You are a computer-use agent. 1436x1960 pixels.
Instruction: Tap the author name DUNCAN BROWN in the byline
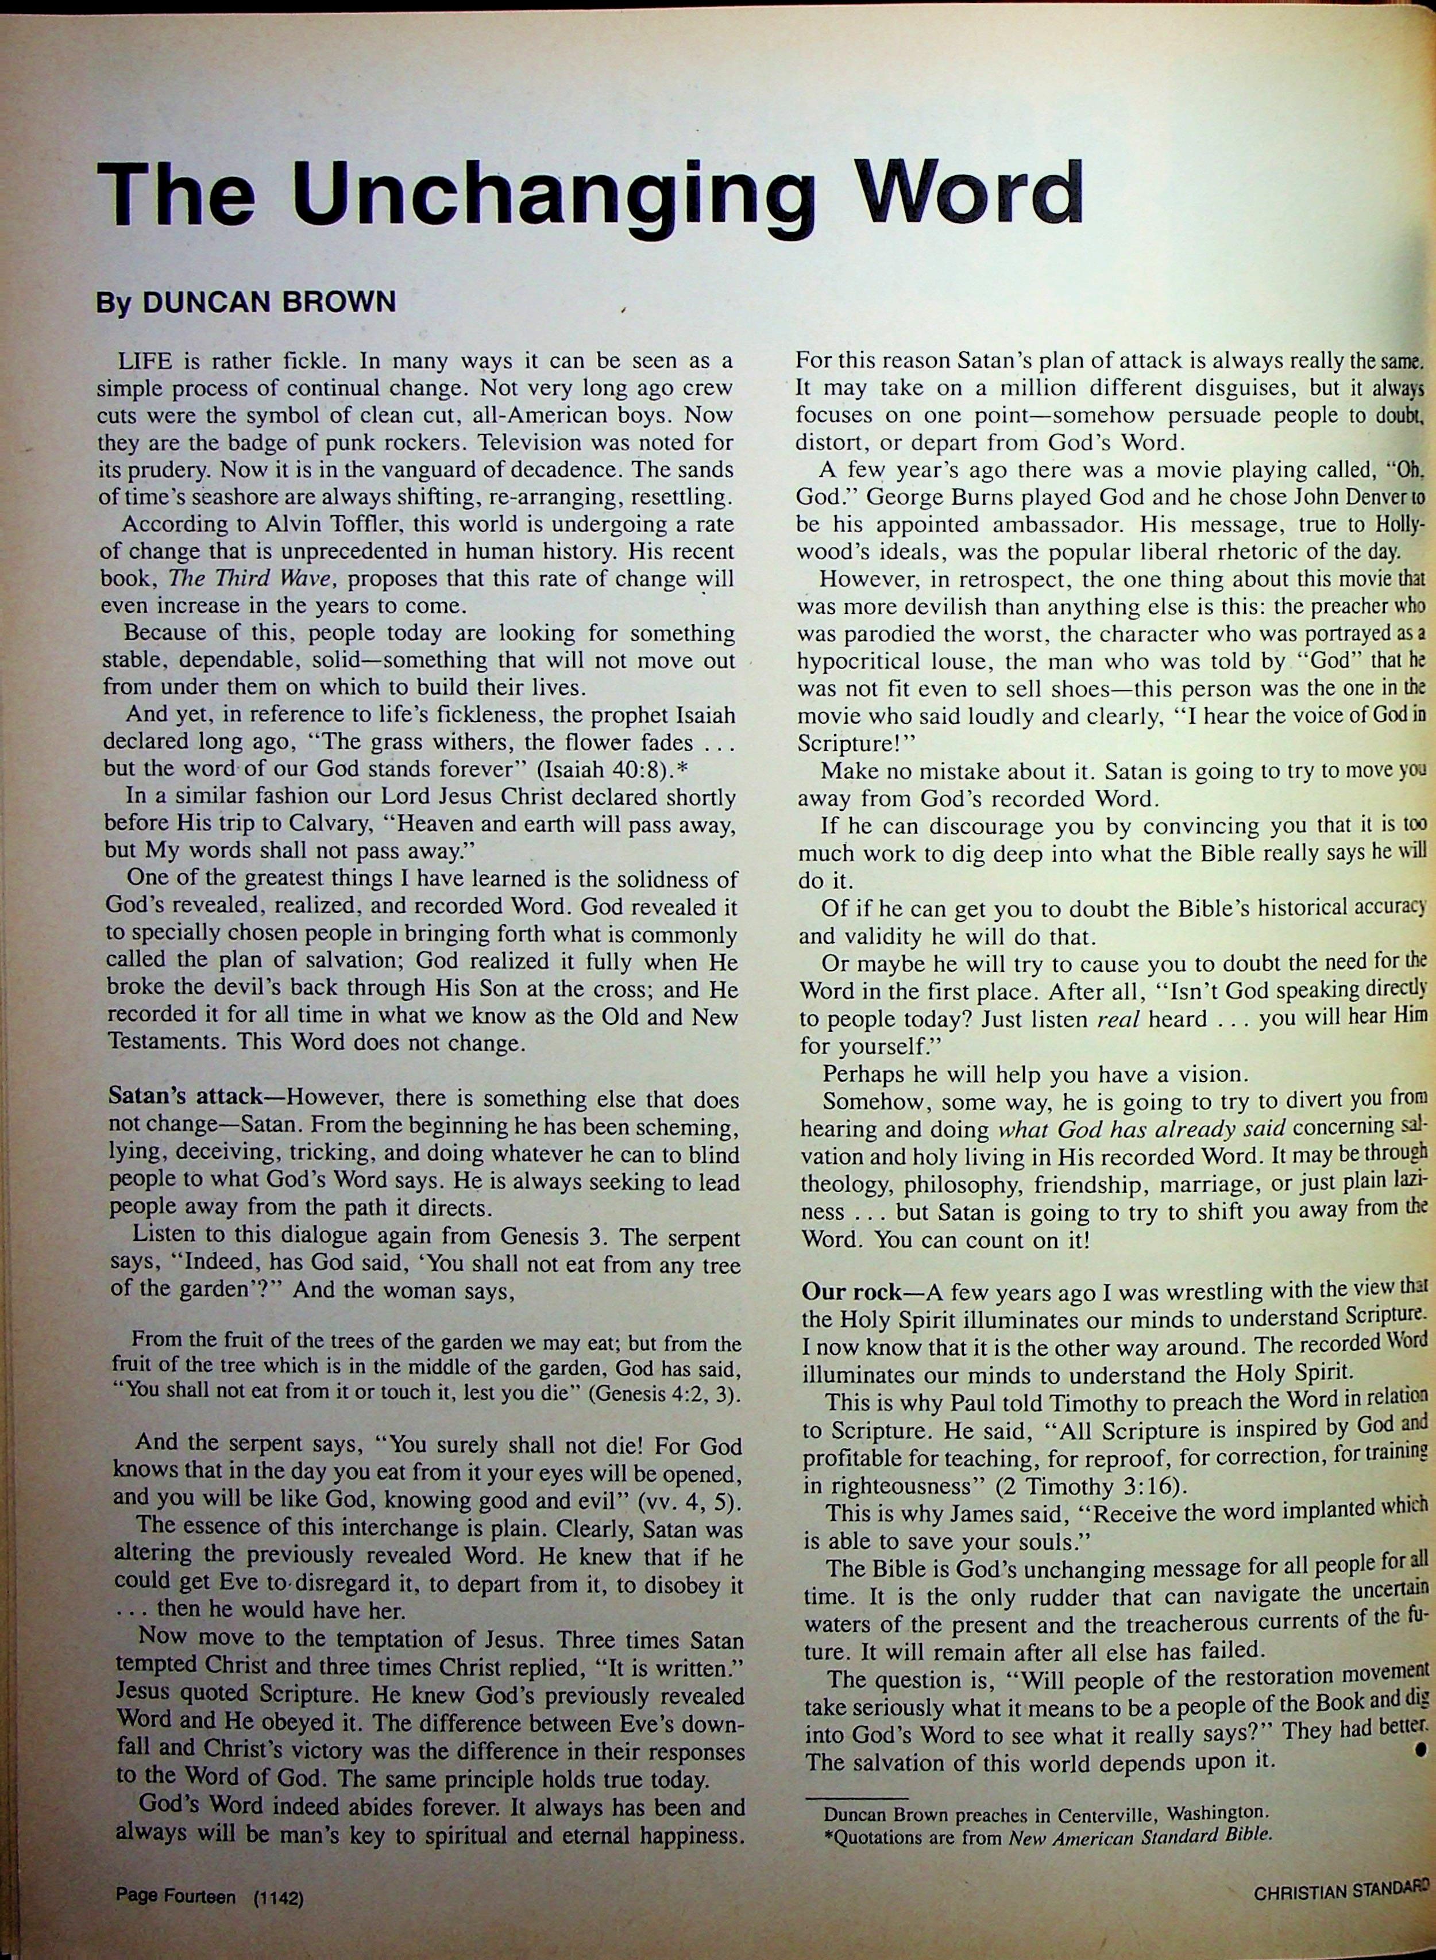click(269, 302)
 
